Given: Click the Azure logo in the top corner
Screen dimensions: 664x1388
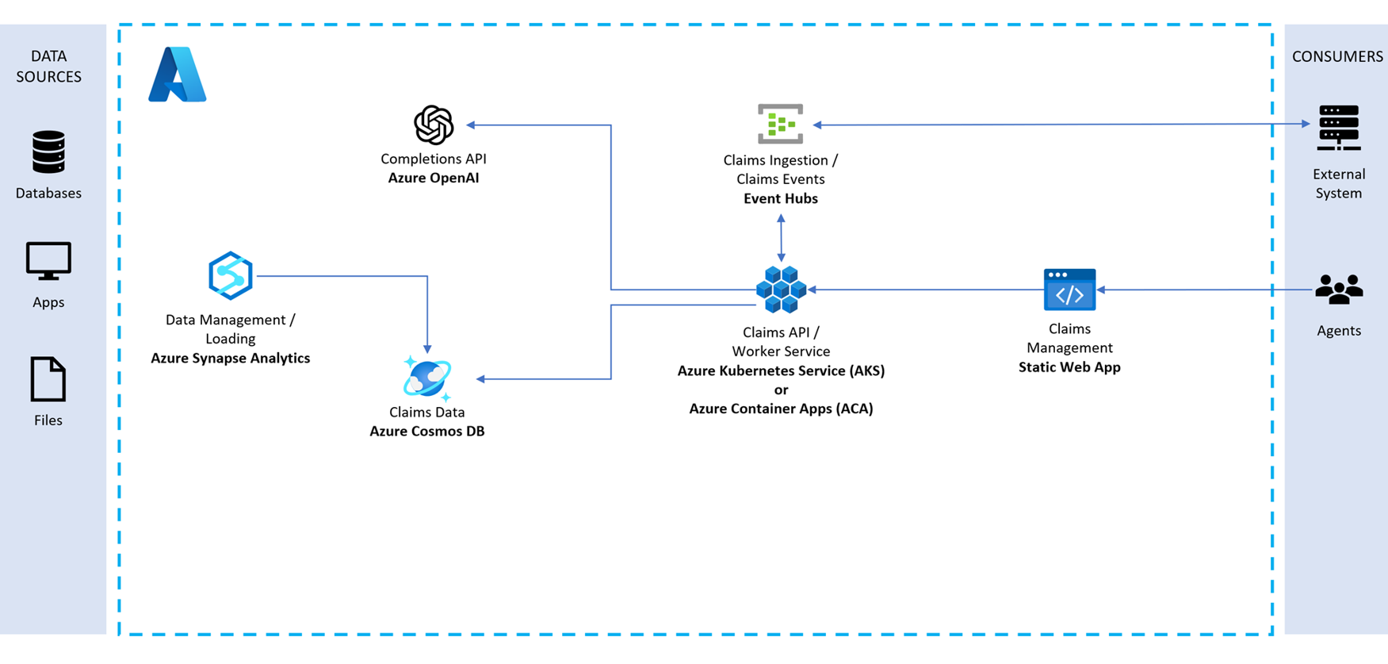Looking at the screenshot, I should tap(178, 75).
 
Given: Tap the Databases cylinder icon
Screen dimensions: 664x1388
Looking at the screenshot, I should tap(48, 152).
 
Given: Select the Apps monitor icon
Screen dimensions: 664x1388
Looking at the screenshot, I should tap(48, 261).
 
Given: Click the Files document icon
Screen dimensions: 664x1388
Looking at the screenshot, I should tap(48, 379).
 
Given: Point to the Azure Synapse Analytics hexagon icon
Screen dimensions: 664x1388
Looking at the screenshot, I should tap(231, 275).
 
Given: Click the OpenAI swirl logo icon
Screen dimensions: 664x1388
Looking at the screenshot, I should tap(434, 125).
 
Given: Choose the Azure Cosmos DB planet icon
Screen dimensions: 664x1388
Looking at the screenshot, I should tap(427, 378).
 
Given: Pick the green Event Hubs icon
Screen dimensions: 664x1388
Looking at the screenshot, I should tap(781, 124).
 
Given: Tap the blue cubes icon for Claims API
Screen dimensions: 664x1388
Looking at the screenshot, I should tap(781, 290).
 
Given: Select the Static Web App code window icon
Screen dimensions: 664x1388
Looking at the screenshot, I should tap(1069, 290).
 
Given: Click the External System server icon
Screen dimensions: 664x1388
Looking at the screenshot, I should tap(1339, 128).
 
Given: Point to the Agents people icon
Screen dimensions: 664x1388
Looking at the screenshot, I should tap(1339, 290).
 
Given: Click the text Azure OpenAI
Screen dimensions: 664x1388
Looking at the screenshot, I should tap(434, 178).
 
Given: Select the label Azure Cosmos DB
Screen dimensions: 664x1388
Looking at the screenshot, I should tap(427, 432).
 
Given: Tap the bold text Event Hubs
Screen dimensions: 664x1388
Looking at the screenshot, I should tap(781, 199).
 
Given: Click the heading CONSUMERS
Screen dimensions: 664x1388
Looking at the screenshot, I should tap(1337, 57).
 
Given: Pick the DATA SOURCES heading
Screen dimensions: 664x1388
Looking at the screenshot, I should tap(48, 67).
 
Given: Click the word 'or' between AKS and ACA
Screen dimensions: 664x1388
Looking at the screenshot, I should tap(781, 390).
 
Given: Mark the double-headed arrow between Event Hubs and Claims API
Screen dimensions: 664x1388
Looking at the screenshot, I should tap(781, 238).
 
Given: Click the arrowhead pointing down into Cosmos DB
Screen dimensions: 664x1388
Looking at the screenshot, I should tap(427, 348).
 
